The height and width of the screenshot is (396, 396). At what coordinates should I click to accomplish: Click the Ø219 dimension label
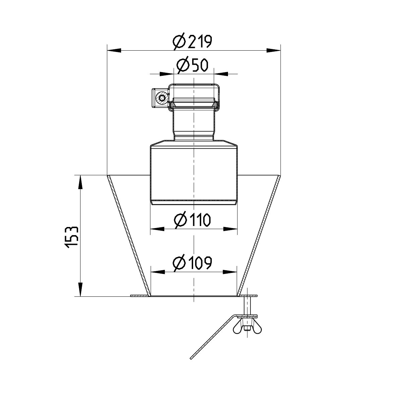coord(193,42)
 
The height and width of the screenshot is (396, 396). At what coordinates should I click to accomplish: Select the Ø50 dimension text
coord(193,65)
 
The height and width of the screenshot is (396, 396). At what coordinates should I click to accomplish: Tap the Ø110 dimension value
coord(193,220)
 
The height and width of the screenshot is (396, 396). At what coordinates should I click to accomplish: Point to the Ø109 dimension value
coord(193,263)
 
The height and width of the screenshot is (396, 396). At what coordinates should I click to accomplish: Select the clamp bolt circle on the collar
coord(163,98)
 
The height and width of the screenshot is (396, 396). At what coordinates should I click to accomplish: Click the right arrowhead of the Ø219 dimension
coord(274,50)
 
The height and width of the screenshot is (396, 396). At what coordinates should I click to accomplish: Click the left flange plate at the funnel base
coord(139,295)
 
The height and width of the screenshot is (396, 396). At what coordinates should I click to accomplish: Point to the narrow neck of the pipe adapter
coord(193,124)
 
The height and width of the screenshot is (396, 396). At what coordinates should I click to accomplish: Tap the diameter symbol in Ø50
coord(182,65)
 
